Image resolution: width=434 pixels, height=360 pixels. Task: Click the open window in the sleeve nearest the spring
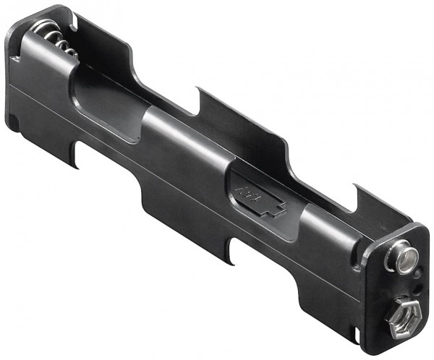[101, 97]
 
